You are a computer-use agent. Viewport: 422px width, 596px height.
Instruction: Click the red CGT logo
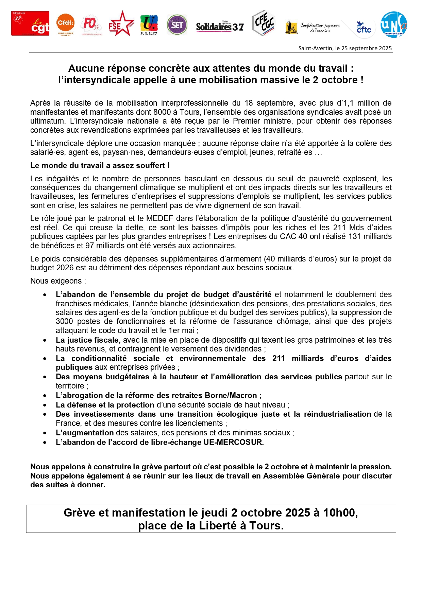pyautogui.click(x=30, y=23)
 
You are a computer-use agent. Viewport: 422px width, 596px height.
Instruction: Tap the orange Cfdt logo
pyautogui.click(x=65, y=24)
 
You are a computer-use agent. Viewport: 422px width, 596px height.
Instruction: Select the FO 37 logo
pyautogui.click(x=91, y=24)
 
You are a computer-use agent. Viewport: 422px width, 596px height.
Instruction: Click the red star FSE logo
pyautogui.click(x=121, y=24)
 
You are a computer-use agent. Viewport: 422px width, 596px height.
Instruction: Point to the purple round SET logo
pyautogui.click(x=177, y=24)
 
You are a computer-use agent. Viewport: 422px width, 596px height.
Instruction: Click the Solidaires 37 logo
pyautogui.click(x=220, y=26)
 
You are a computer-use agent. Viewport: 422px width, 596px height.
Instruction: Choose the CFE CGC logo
pyautogui.click(x=264, y=23)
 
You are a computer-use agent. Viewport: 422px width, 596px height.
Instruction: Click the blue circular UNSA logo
pyautogui.click(x=394, y=24)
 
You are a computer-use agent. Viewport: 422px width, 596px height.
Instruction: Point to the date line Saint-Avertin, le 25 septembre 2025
pyautogui.click(x=345, y=48)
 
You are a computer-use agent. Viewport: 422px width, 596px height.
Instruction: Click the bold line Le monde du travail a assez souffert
pyautogui.click(x=100, y=165)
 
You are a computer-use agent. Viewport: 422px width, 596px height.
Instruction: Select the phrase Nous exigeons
pyautogui.click(x=58, y=281)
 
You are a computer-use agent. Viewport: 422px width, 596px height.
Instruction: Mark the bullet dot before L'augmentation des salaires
pyautogui.click(x=45, y=433)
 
